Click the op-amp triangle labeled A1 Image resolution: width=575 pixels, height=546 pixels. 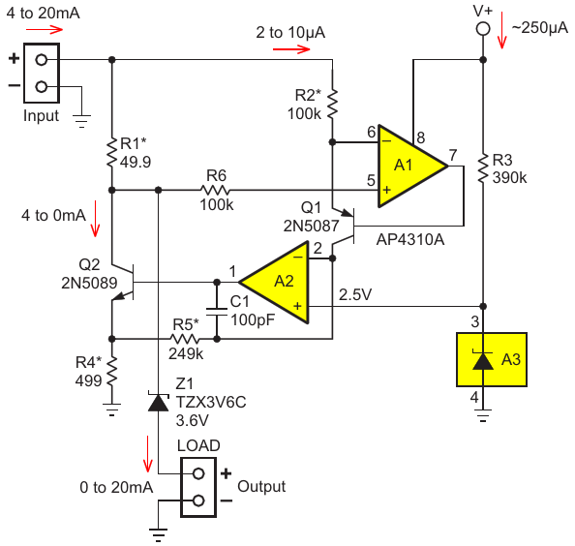click(x=407, y=167)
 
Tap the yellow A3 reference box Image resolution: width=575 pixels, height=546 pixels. click(x=492, y=359)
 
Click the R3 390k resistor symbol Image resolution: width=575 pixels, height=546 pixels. click(x=483, y=168)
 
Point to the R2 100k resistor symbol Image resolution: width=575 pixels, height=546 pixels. click(x=332, y=105)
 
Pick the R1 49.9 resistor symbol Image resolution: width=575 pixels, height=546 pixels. click(x=112, y=153)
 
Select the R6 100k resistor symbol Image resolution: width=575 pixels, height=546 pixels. click(x=215, y=190)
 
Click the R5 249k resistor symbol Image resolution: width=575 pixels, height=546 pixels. click(x=185, y=339)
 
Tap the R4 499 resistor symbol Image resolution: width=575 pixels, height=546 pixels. click(x=112, y=371)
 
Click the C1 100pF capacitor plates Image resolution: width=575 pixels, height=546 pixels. click(x=217, y=312)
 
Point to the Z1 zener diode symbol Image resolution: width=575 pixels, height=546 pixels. click(x=158, y=402)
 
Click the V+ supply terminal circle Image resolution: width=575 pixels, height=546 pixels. click(x=483, y=29)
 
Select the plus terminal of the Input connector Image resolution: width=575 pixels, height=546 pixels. click(x=41, y=59)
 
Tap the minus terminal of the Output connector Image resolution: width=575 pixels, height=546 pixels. click(x=198, y=500)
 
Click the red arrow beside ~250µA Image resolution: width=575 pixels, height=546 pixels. click(x=501, y=30)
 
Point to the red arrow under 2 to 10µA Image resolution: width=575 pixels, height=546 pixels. click(x=291, y=49)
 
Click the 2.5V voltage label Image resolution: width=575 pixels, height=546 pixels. click(x=355, y=294)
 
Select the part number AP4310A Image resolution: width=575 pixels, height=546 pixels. click(x=410, y=239)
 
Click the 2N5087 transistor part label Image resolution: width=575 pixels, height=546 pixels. click(x=311, y=226)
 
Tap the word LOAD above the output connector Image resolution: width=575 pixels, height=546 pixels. click(x=198, y=445)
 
